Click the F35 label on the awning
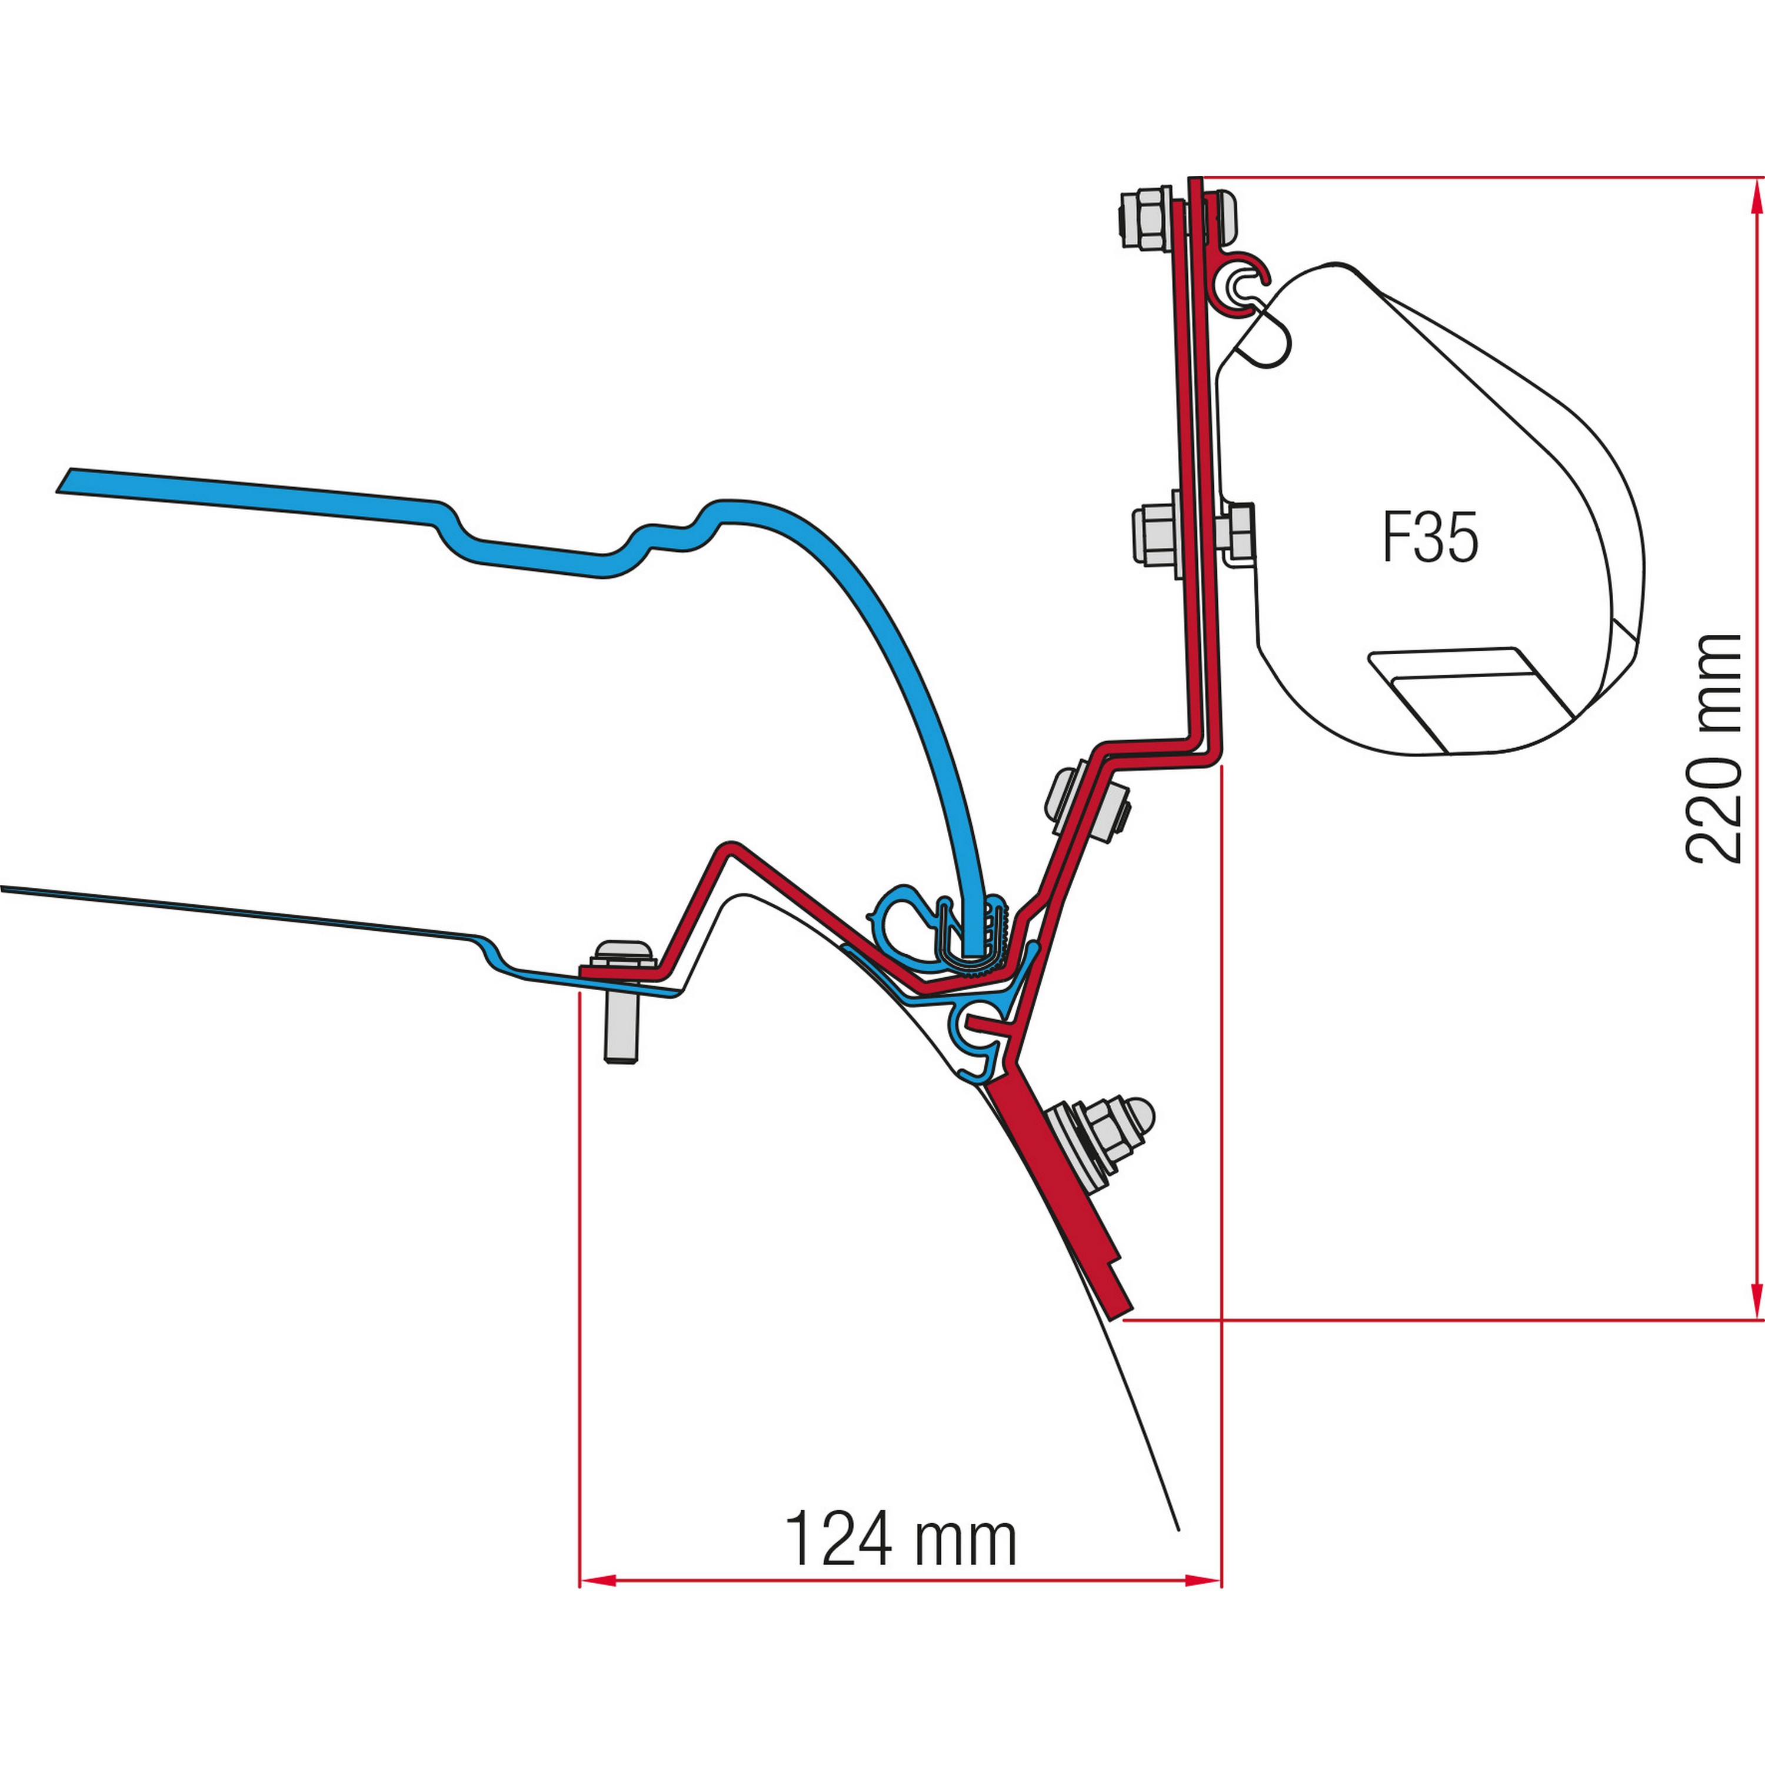pyautogui.click(x=1430, y=537)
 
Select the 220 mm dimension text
pyautogui.click(x=1713, y=747)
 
